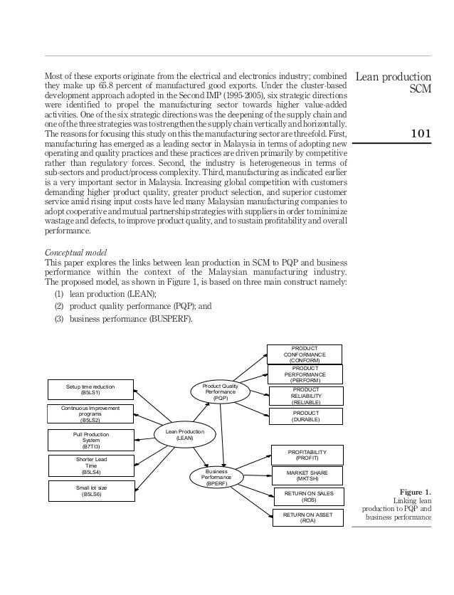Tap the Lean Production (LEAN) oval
click(184, 435)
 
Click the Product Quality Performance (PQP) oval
click(221, 391)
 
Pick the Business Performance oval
click(215, 478)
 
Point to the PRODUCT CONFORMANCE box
click(305, 354)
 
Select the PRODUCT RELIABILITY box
click(305, 396)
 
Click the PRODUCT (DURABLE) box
click(305, 416)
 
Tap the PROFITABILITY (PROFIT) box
click(307, 455)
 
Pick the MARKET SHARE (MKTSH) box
click(307, 475)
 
